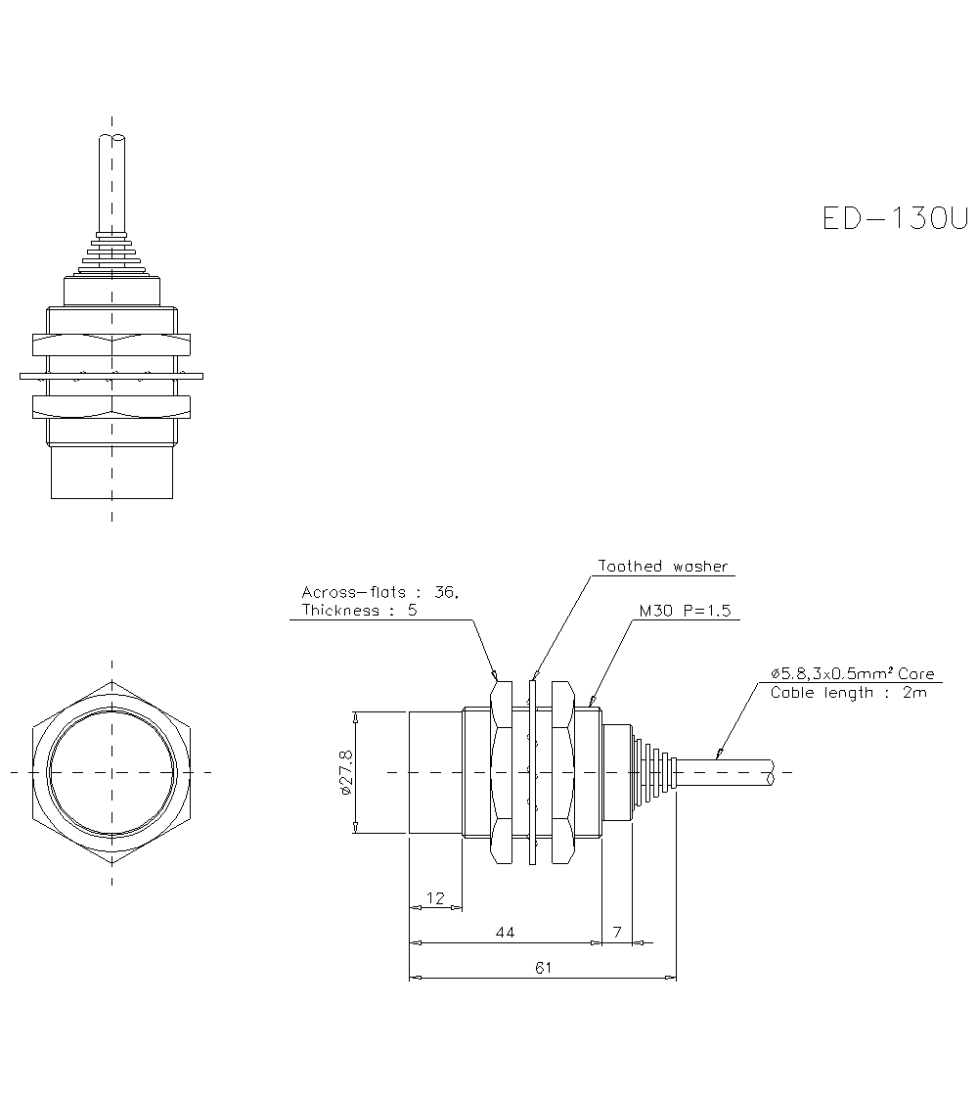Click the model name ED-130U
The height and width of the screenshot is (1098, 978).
(894, 217)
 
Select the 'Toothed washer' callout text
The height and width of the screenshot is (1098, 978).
(663, 567)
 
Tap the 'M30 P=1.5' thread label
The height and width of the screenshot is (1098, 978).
(685, 611)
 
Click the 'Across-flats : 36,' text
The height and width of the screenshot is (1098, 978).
(379, 592)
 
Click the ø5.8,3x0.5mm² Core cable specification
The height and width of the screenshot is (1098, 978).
(852, 674)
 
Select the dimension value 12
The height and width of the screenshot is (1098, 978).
(435, 897)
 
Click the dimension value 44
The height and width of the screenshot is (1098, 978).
(505, 933)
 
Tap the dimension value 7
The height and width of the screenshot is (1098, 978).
(617, 933)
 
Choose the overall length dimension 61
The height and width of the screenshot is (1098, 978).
(544, 968)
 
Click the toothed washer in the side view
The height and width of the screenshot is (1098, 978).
(533, 773)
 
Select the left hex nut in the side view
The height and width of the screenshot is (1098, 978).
(502, 773)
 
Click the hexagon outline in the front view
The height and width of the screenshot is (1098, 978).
(44, 773)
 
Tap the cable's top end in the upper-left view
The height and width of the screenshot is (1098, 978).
(111, 139)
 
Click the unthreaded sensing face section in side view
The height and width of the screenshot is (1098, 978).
(434, 773)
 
